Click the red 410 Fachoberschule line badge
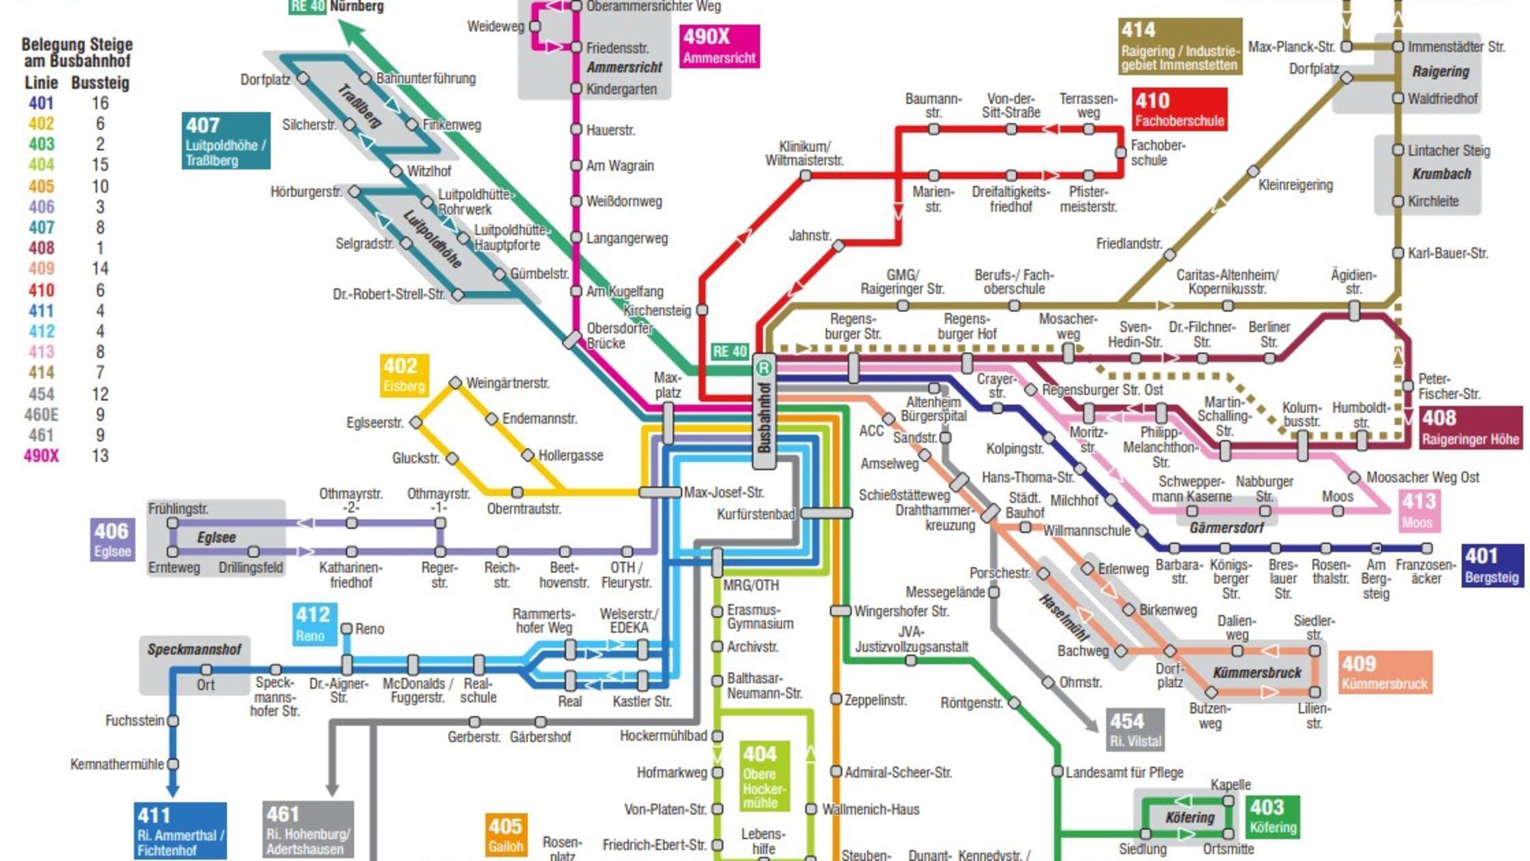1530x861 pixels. [1179, 109]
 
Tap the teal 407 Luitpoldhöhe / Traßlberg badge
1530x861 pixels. [226, 141]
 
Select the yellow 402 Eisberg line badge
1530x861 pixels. [404, 375]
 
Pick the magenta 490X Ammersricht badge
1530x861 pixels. [719, 46]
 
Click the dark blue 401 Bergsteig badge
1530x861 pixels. [1492, 565]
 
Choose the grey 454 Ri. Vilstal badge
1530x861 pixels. [1135, 730]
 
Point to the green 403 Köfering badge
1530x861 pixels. [1272, 817]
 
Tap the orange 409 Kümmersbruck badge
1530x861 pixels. [1384, 672]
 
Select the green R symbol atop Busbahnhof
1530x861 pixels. [764, 368]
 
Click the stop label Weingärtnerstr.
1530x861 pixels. [507, 383]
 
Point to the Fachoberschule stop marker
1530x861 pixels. [1120, 152]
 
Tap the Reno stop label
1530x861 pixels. [369, 629]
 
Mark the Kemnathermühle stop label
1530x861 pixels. [117, 764]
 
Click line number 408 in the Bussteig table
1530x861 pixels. [41, 248]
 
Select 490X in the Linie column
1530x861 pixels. [41, 456]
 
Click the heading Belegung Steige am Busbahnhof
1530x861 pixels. [77, 53]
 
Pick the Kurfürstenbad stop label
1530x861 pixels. [755, 514]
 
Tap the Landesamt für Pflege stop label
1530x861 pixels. [1124, 772]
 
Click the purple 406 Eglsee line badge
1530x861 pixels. [112, 539]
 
